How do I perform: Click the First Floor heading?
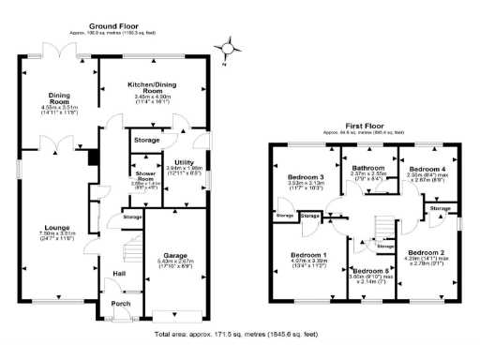click(365, 124)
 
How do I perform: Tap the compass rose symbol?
click(225, 47)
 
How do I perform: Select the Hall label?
click(120, 274)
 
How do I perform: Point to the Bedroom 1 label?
click(308, 255)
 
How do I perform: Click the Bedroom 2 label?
click(426, 252)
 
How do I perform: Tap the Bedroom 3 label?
click(306, 177)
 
